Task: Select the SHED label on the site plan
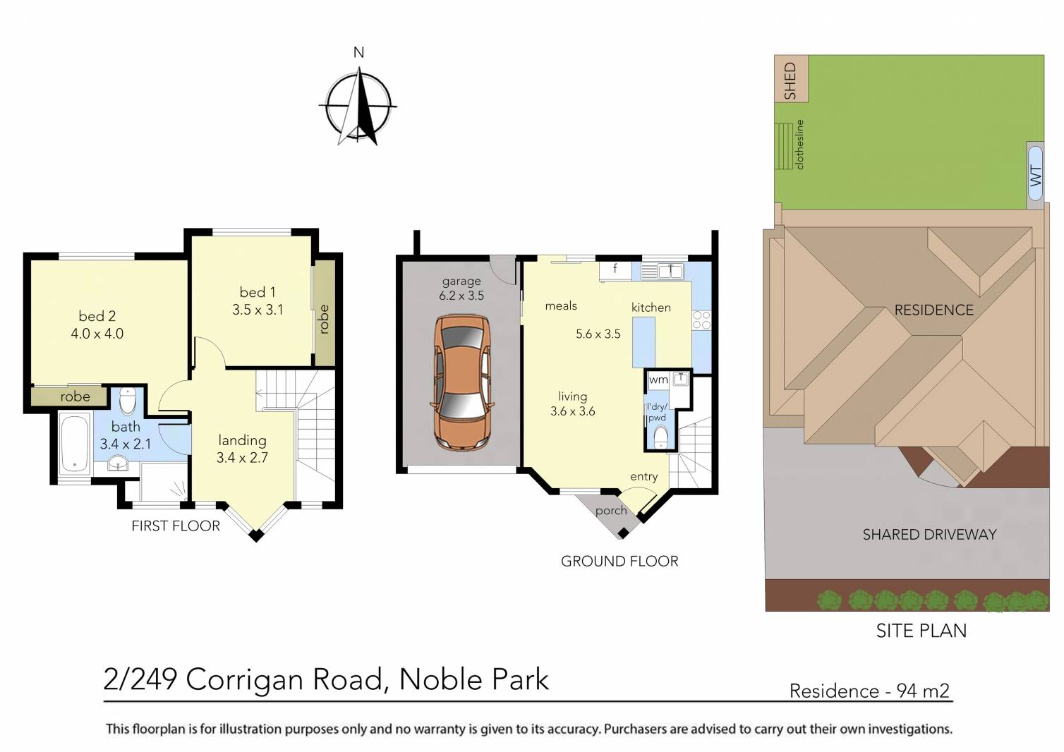pyautogui.click(x=790, y=80)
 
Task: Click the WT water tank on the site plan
pyautogui.click(x=1035, y=175)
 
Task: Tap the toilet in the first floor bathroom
pyautogui.click(x=128, y=401)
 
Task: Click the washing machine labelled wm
pyautogui.click(x=658, y=380)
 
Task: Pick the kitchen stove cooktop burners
pyautogui.click(x=701, y=320)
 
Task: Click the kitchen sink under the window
pyautogui.click(x=662, y=270)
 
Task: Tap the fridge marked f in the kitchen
pyautogui.click(x=615, y=269)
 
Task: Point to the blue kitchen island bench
pyautogui.click(x=643, y=342)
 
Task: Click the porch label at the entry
pyautogui.click(x=611, y=511)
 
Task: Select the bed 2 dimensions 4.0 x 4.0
pyautogui.click(x=97, y=334)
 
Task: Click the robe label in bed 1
pyautogui.click(x=325, y=319)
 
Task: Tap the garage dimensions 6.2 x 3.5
pyautogui.click(x=461, y=296)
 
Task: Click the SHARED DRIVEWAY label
pyautogui.click(x=929, y=535)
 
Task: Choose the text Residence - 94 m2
pyautogui.click(x=869, y=691)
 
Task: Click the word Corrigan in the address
pyautogui.click(x=285, y=680)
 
